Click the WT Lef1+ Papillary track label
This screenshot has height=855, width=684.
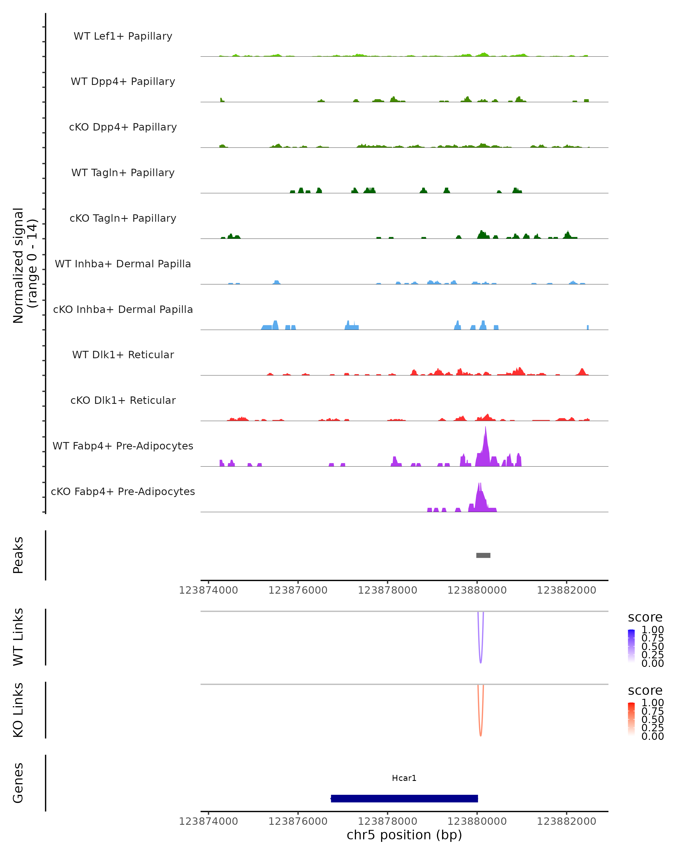[x=123, y=36]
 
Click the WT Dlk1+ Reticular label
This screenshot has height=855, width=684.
[x=123, y=355]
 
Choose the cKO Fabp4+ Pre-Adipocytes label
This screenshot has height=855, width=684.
[x=123, y=491]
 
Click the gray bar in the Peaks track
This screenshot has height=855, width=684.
[x=483, y=555]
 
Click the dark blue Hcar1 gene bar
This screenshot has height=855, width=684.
[x=404, y=798]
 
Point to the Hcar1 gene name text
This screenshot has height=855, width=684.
[x=404, y=778]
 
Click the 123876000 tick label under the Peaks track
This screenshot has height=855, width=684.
[x=298, y=590]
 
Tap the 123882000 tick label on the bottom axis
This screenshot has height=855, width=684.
[x=566, y=821]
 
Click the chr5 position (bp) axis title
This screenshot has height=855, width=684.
[x=404, y=835]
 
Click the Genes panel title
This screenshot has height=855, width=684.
[x=18, y=783]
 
